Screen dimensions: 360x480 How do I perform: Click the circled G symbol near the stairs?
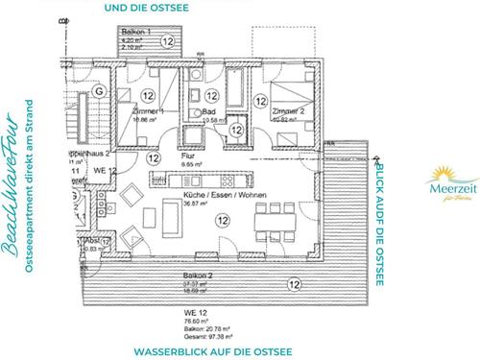(x=98, y=91)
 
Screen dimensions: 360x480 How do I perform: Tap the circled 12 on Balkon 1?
(x=168, y=41)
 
